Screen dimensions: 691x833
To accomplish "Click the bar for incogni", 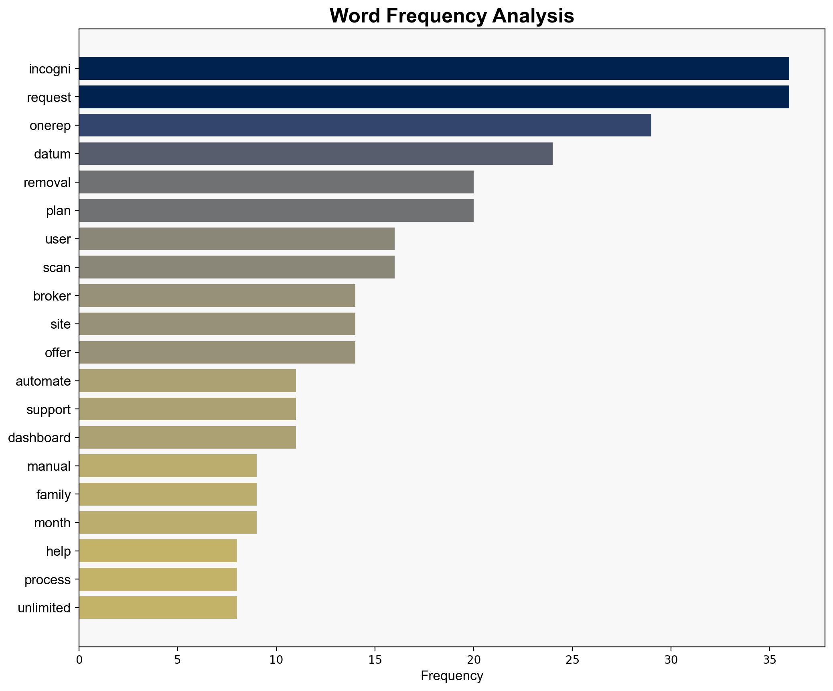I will tap(434, 69).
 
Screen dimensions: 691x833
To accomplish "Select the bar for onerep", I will tap(365, 126).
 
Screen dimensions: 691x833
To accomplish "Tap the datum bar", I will tap(316, 154).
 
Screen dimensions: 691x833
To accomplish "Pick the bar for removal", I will tap(276, 182).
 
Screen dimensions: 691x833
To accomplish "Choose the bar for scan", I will tap(237, 267).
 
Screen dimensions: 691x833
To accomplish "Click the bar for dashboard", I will tap(187, 437).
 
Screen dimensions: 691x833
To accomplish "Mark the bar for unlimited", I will tap(158, 608).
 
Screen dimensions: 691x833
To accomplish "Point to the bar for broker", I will tap(217, 296).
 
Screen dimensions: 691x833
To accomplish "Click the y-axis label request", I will tap(49, 98).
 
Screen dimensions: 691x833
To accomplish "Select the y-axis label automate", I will tap(43, 381).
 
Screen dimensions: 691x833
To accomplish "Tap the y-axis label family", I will tap(53, 494).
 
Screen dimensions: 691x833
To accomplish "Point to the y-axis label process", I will tap(47, 580).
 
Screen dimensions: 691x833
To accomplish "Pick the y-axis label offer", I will tap(58, 353).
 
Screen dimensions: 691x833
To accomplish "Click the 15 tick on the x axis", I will tap(375, 660).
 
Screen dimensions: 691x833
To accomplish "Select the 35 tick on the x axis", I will tap(769, 660).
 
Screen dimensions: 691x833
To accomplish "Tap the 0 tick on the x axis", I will tap(79, 660).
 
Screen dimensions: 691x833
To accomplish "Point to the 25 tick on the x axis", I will tap(572, 660).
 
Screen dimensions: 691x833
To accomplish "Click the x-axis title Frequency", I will tap(452, 676).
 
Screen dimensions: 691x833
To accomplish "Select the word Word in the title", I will tap(355, 16).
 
